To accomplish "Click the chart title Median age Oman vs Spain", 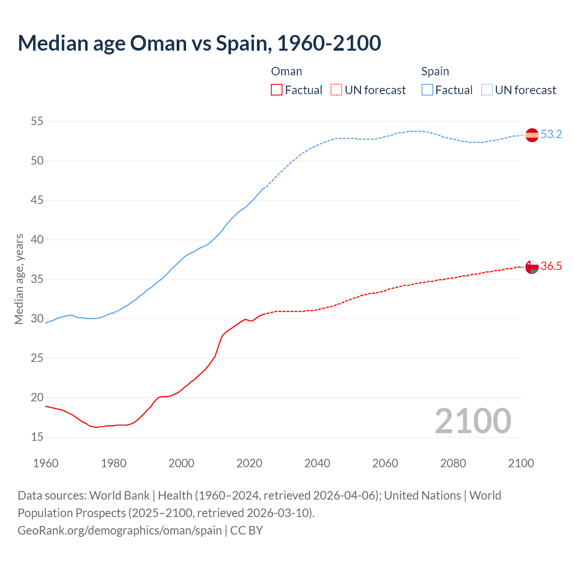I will tap(199, 43).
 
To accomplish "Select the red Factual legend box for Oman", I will tap(277, 90).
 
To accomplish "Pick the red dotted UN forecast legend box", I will tap(336, 90).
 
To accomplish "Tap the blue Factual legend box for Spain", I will tap(427, 90).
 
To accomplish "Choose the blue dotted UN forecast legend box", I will tap(487, 90).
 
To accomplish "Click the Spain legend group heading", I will tap(435, 71).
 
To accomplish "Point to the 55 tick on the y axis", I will tap(37, 121).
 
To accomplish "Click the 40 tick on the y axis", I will tap(37, 239).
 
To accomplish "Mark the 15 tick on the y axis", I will tap(37, 437).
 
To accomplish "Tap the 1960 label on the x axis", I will tap(46, 463).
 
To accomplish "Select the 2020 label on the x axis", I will tap(249, 463).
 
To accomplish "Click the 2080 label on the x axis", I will tap(453, 463).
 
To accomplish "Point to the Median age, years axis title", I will tap(19, 279).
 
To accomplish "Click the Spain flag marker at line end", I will tap(532, 135).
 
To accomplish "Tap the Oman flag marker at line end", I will tap(532, 266).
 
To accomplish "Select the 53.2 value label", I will tap(551, 134).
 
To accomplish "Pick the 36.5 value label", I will tap(551, 266).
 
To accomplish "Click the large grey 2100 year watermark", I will tap(473, 421).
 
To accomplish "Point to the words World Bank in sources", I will tap(119, 496).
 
